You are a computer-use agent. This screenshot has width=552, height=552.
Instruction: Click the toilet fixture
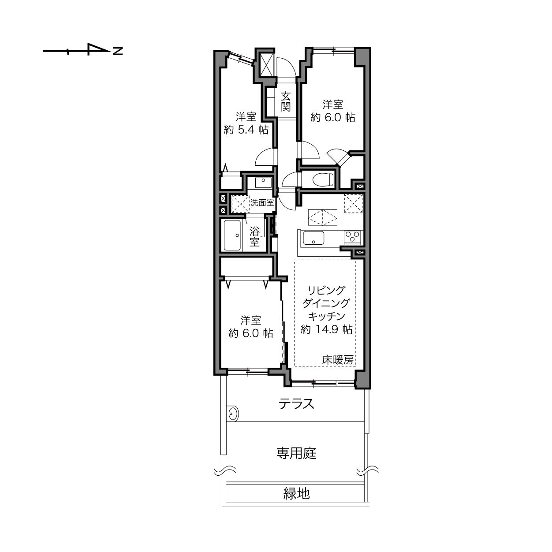click(323, 179)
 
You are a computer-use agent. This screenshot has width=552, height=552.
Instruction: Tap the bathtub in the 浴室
click(232, 235)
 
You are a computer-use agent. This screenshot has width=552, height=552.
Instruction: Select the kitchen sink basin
click(313, 238)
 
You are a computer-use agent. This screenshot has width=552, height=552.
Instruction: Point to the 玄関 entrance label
click(286, 101)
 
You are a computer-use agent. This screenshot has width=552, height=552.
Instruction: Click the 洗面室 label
click(262, 203)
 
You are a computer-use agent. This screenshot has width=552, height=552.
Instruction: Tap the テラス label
click(296, 404)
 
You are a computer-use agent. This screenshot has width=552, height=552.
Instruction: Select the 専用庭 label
click(296, 453)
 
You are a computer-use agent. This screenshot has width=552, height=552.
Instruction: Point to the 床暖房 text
click(338, 360)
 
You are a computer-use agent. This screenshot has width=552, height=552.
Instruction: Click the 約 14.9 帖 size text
click(326, 330)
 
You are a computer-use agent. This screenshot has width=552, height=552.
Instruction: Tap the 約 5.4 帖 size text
click(246, 130)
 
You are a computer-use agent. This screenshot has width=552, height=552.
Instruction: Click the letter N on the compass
click(118, 51)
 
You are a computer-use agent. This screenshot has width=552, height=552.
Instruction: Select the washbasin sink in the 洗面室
click(263, 182)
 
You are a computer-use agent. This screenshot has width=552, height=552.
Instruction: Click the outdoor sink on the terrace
click(233, 414)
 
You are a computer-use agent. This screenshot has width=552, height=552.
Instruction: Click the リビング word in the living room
click(326, 291)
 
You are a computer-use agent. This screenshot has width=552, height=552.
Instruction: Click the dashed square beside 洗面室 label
click(240, 204)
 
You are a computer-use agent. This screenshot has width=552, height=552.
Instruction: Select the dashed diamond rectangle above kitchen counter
click(323, 217)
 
